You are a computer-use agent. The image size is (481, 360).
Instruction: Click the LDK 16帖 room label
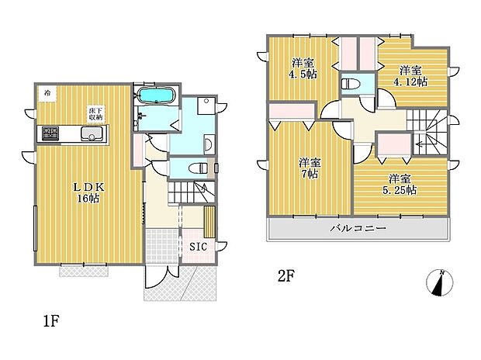88,192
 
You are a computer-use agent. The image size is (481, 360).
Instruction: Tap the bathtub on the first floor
157,96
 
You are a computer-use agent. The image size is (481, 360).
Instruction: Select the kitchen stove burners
49,135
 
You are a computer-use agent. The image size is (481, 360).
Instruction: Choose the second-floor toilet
350,82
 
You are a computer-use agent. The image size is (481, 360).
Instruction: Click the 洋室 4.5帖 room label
304,68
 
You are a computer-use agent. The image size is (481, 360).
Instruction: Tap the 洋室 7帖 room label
309,168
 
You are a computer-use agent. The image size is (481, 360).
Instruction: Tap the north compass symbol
440,282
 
